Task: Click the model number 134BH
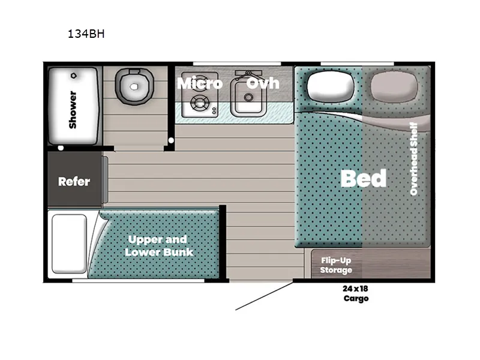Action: tap(86, 34)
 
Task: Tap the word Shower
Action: tap(73, 109)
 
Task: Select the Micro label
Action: tap(199, 83)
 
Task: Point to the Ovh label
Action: tap(263, 83)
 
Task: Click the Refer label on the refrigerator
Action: tap(74, 181)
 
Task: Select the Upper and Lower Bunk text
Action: tap(159, 245)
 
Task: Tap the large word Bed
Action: tap(363, 178)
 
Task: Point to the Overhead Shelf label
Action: tap(414, 158)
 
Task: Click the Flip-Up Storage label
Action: tap(337, 265)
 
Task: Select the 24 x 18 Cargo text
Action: tap(356, 293)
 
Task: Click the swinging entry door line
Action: tap(264, 297)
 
